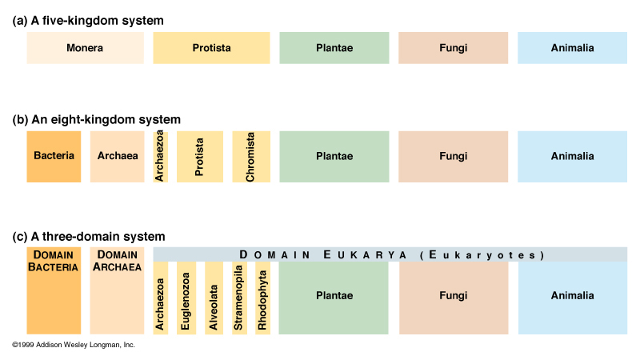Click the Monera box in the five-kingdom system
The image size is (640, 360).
click(x=85, y=48)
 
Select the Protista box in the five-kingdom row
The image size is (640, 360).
click(x=211, y=48)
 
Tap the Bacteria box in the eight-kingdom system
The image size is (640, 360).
click(x=54, y=156)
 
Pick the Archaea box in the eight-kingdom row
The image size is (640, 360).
click(x=117, y=156)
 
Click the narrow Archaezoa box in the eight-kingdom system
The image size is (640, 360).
click(x=160, y=156)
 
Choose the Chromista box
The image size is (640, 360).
click(x=250, y=156)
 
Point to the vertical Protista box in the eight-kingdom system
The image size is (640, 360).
click(x=200, y=156)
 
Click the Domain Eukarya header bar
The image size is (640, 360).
click(x=390, y=254)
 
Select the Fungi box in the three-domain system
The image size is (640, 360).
click(x=453, y=297)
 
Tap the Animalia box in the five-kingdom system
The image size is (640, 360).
click(x=572, y=48)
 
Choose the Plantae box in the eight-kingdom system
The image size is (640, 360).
click(x=334, y=156)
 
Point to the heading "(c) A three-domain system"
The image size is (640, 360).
click(x=90, y=237)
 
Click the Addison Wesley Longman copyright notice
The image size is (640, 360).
click(x=74, y=345)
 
